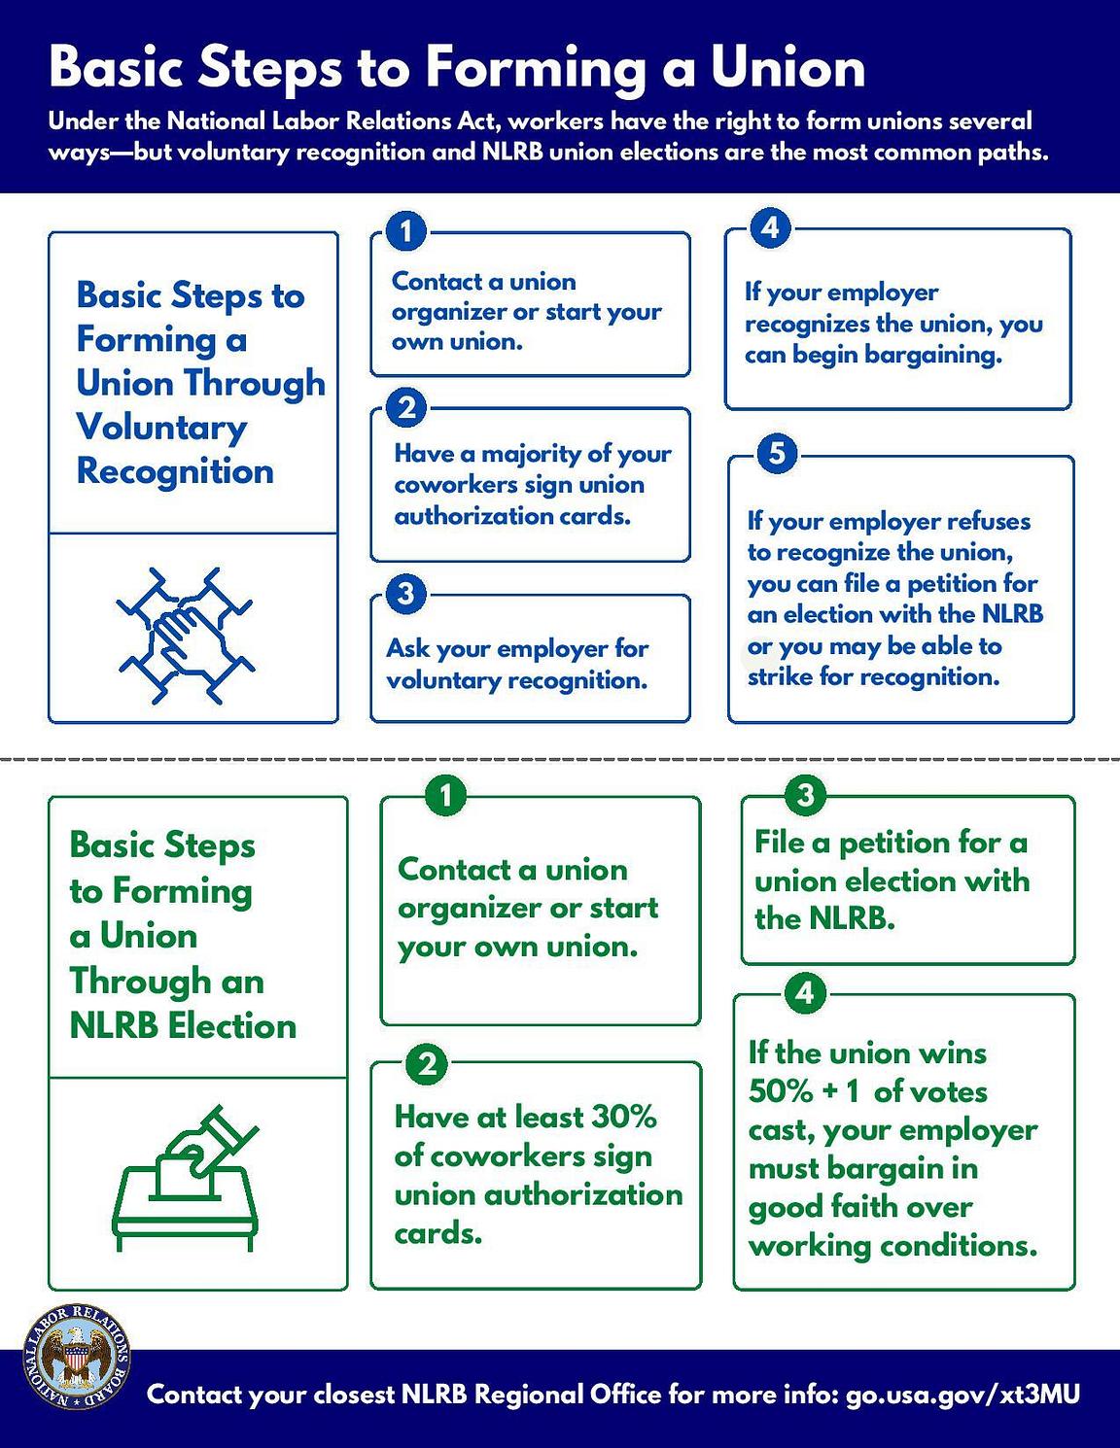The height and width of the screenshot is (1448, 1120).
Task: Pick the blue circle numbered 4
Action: click(770, 228)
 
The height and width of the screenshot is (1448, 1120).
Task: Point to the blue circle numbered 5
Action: click(777, 454)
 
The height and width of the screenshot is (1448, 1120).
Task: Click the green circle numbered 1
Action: click(445, 797)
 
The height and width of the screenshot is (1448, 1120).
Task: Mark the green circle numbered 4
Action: click(804, 993)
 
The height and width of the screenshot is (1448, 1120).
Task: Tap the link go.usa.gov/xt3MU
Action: click(962, 1395)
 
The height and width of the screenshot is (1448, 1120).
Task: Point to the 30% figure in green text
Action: click(623, 1117)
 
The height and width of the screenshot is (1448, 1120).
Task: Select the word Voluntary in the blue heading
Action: click(161, 428)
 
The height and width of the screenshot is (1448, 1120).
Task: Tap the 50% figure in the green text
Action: click(780, 1091)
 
